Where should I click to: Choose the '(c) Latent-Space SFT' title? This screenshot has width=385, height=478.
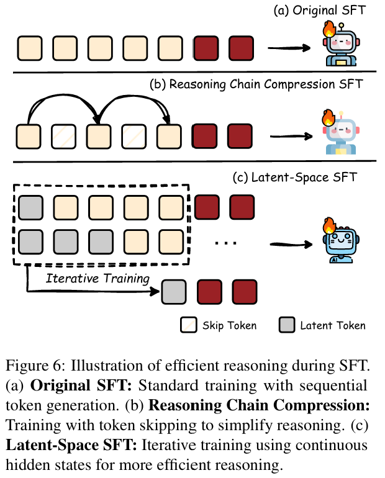coord(295,178)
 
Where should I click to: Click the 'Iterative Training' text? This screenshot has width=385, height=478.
coord(98,278)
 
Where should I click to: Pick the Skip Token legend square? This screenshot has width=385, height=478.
coord(188,325)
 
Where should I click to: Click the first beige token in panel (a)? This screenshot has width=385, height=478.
coord(29,47)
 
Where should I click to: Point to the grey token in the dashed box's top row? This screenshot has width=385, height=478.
coord(30,207)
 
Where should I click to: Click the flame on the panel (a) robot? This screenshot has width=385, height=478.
coord(328,29)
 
